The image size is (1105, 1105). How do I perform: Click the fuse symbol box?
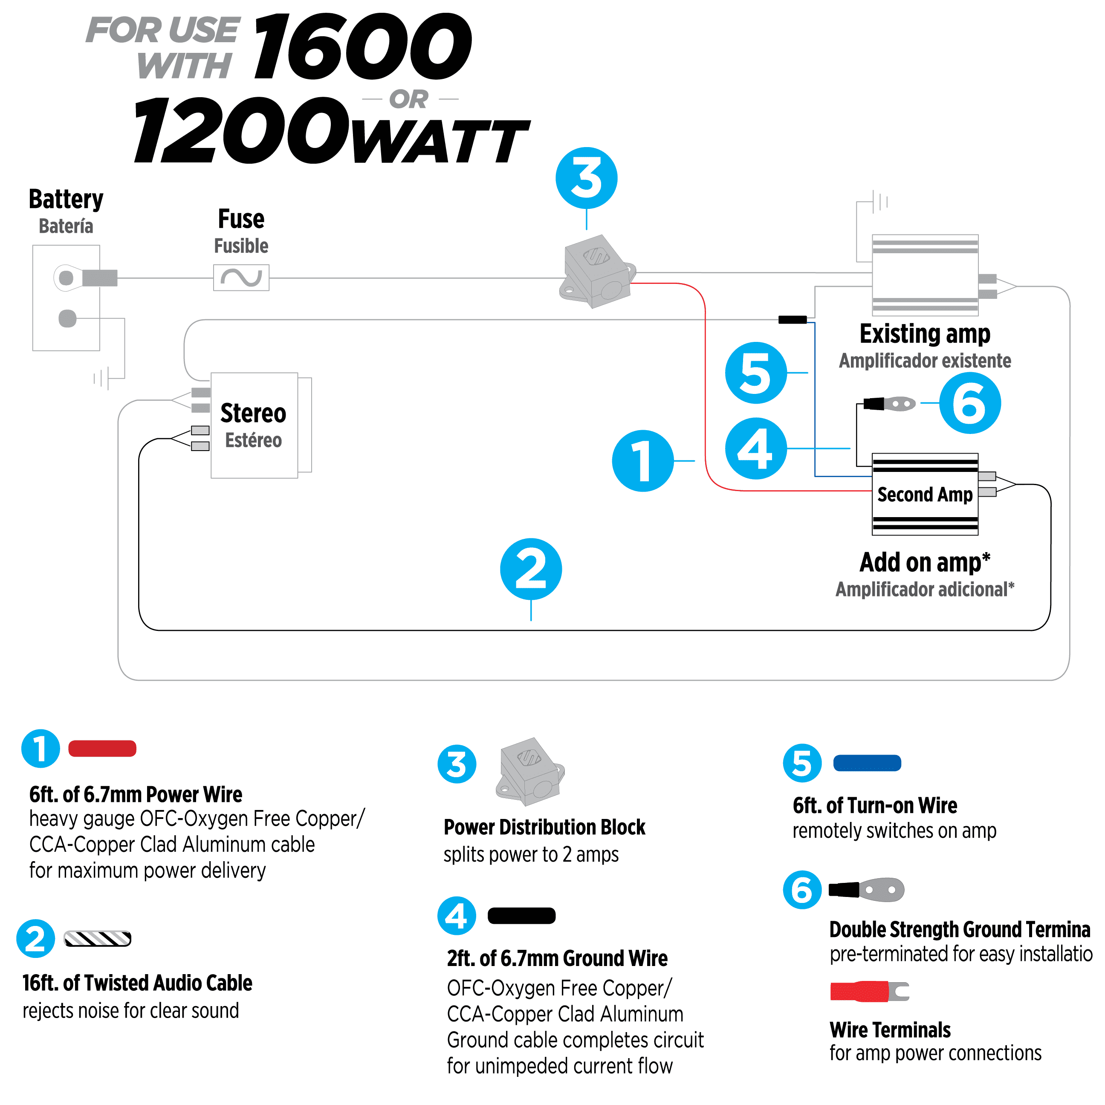coord(241,278)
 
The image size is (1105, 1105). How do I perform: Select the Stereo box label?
coord(253,413)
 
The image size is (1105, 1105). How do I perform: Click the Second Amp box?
coord(924,494)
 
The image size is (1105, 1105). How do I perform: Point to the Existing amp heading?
coord(925,334)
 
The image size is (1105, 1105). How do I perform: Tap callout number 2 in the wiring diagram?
coord(531,569)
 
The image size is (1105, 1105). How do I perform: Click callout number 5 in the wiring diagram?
coord(756,373)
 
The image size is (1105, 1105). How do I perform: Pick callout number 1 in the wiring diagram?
coord(643,460)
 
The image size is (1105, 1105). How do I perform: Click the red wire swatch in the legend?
coord(102,748)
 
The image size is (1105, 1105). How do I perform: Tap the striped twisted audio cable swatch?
coord(98,939)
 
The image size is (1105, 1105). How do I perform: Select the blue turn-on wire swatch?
coord(867,763)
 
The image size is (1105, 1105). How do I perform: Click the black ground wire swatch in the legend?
coord(522,915)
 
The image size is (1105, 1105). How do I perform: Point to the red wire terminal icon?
coord(869,991)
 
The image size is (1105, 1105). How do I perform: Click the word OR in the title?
coord(409,99)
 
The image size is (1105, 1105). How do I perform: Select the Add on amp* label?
coord(925,562)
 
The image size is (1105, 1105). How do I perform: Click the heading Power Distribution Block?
coord(544,827)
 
